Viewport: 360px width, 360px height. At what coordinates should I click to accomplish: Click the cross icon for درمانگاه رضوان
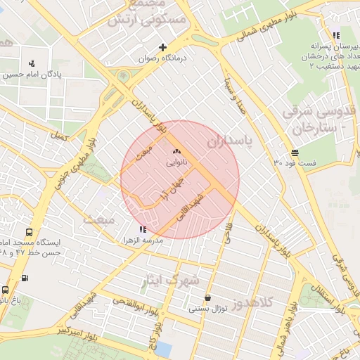click(163, 48)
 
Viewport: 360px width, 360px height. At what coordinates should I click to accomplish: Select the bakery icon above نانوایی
click(176, 151)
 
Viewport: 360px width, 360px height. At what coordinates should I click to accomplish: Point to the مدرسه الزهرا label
click(163, 240)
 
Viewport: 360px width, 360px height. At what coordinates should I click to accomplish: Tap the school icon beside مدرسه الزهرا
click(143, 229)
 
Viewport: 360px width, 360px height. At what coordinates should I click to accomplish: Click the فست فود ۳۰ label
click(295, 163)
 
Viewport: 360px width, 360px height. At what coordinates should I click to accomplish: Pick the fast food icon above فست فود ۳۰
click(294, 152)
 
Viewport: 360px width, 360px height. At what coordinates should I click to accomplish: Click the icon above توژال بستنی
click(207, 297)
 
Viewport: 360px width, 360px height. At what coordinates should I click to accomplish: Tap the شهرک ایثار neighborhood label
click(171, 279)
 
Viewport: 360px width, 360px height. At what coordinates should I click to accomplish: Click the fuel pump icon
click(25, 277)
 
